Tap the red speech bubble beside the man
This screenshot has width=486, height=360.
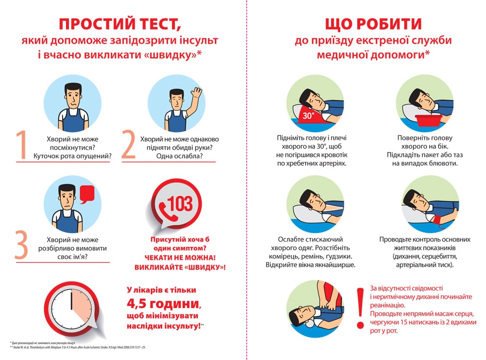(86, 194)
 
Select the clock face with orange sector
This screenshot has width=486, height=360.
(71, 308)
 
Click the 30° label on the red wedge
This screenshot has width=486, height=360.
(308, 116)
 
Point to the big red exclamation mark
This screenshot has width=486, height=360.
(360, 308)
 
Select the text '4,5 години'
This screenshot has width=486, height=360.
(162, 304)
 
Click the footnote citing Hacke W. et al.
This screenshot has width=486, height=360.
(78, 348)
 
